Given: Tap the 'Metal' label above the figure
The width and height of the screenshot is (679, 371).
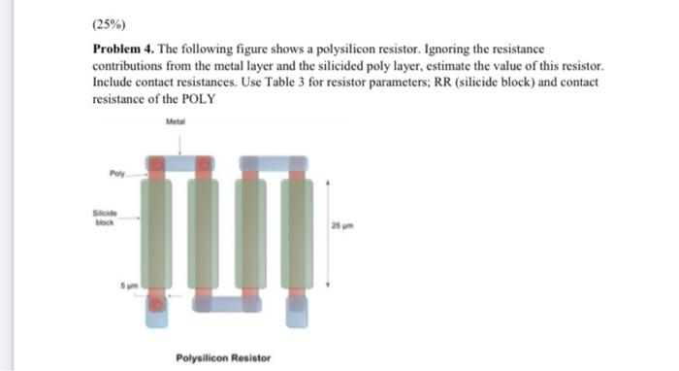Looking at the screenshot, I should click(175, 122).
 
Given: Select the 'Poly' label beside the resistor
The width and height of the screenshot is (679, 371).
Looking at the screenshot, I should click(117, 175).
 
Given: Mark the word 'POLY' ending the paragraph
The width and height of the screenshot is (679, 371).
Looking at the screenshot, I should click(194, 99).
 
